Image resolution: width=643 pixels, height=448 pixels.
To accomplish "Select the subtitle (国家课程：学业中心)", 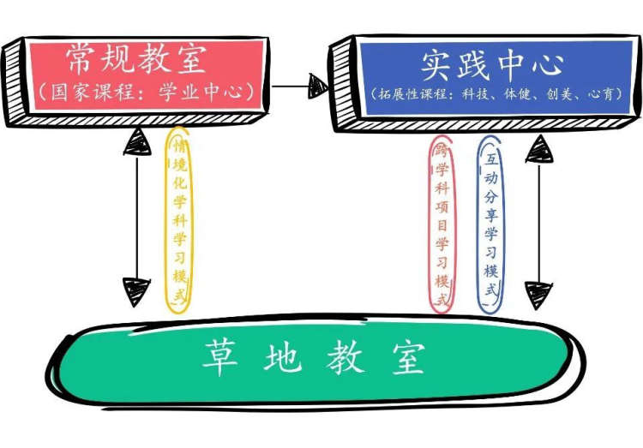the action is tap(147, 92).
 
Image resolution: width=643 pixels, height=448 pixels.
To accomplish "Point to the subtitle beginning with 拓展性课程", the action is tap(496, 94).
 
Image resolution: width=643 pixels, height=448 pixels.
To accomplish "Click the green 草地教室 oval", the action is tap(315, 361).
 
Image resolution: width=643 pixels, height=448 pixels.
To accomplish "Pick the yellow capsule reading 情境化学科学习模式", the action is tap(179, 220).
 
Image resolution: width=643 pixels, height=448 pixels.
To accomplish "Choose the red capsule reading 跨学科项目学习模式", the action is tap(442, 224).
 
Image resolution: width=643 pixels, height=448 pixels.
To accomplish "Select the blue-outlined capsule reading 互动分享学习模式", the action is tap(491, 224).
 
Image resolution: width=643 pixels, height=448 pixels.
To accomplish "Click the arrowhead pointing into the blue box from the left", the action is tap(318, 86).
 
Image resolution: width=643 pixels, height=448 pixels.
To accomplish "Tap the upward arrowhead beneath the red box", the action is tap(137, 141).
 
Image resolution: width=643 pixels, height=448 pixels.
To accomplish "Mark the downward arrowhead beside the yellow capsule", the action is tap(136, 292).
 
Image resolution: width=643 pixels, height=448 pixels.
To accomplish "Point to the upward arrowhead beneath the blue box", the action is tap(539, 149).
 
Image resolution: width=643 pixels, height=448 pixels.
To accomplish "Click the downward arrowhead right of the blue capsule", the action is tap(538, 296).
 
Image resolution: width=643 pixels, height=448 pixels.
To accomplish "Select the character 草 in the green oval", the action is tap(220, 357).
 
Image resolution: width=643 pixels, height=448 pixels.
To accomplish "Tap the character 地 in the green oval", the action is tap(283, 357).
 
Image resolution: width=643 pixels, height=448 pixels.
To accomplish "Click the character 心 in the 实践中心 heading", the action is tap(549, 65).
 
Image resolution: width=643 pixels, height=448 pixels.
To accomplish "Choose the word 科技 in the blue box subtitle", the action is tap(475, 94).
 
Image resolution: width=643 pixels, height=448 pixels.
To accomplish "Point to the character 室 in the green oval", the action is tap(408, 358).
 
